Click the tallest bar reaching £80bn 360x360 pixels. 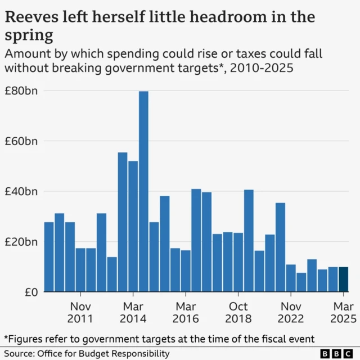tap(143, 191)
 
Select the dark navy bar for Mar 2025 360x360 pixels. tap(343, 280)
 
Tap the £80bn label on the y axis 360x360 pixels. tap(21, 91)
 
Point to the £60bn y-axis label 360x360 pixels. tap(21, 141)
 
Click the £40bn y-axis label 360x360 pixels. tap(21, 191)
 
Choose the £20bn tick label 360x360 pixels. tap(21, 242)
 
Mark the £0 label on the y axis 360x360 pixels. tap(29, 292)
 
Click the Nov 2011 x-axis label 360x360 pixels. tap(80, 313)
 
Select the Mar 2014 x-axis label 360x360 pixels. tap(133, 313)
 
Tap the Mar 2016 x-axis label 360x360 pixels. tap(186, 313)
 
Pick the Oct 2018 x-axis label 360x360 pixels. tap(238, 313)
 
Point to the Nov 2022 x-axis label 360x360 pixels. tap(291, 313)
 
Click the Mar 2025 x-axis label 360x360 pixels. tap(343, 313)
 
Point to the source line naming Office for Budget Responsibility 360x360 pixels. tap(87, 353)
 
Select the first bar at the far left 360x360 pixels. tap(49, 257)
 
